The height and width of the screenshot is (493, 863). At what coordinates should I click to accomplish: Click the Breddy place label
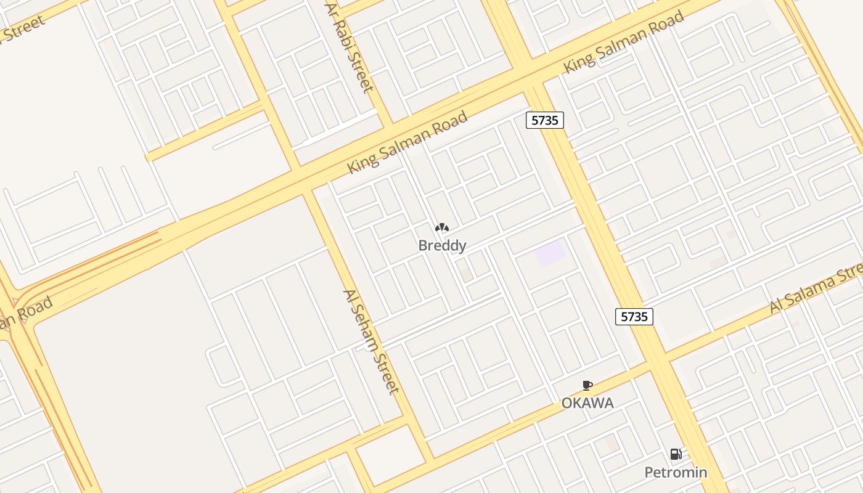coord(442,246)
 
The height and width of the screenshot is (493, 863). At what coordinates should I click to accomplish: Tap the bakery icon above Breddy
coord(442,227)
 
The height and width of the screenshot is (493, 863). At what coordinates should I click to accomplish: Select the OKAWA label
coord(587,403)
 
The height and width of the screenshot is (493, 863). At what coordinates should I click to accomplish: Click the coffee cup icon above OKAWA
coord(587,386)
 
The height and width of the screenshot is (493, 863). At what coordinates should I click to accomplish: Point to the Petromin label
coord(676,473)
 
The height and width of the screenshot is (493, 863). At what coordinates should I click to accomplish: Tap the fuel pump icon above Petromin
coord(676,455)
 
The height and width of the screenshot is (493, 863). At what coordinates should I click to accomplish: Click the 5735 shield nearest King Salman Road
coord(545,120)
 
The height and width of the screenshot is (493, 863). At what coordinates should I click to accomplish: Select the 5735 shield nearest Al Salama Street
coord(634,317)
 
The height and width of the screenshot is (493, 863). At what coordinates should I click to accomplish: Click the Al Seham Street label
coord(372,341)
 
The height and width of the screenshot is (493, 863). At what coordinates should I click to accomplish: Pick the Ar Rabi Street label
coord(350,47)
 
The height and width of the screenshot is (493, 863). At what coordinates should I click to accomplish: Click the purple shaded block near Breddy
coord(550,254)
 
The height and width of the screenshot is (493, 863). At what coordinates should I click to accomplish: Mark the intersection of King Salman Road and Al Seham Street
coord(302,182)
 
